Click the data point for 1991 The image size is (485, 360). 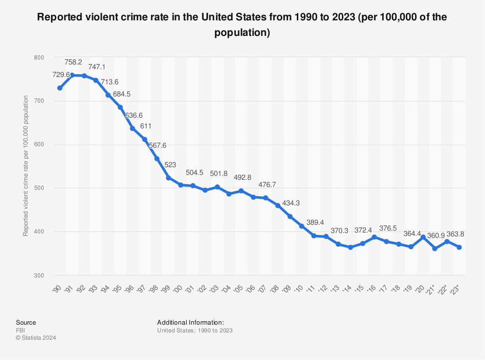[72, 75]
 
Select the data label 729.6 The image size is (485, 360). [62, 74]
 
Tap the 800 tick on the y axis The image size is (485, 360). [38, 58]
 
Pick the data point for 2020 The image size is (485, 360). [423, 237]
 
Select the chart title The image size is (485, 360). [242, 25]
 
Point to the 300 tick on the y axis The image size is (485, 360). [38, 275]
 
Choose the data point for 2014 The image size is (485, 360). [350, 247]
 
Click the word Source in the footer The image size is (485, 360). [26, 322]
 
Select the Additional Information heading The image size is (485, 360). [190, 322]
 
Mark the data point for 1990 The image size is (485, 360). [60, 88]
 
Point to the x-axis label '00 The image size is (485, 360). [179, 289]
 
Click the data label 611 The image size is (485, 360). [145, 126]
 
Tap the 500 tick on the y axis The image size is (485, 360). [38, 188]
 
